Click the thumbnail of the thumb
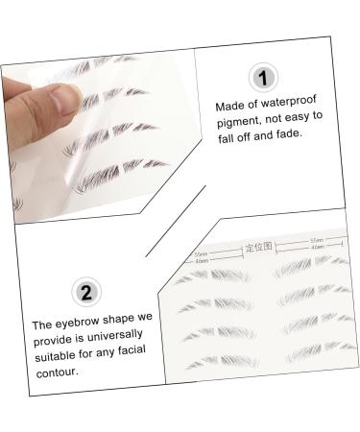(x=60, y=93)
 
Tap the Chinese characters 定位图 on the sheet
(x=259, y=248)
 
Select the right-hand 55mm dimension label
(x=316, y=239)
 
